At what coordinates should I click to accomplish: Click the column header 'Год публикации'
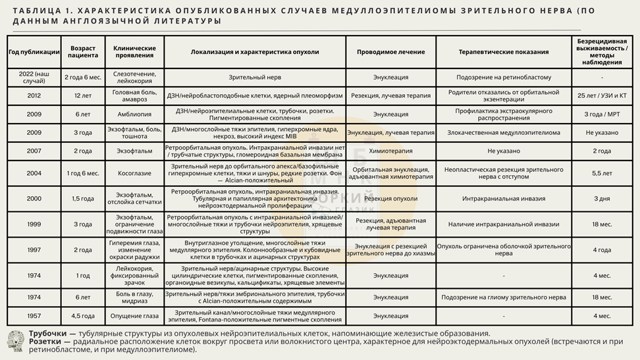(34, 51)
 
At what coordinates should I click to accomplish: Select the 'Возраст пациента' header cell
(83, 51)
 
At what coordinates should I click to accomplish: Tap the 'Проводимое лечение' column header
(390, 51)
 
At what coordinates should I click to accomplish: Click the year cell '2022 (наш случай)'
(34, 77)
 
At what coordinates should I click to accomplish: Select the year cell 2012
(34, 95)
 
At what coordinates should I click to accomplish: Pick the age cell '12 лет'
(83, 95)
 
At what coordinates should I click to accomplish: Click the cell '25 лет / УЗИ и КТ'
(602, 95)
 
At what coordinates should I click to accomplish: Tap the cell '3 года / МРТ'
(602, 114)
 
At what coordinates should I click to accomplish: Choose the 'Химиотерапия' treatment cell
(390, 151)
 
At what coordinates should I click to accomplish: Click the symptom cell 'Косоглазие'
(134, 173)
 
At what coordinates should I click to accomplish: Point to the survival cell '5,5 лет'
(602, 173)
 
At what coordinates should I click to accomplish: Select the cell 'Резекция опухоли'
(390, 198)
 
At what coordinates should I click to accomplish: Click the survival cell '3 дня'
(602, 198)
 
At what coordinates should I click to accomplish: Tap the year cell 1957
(34, 316)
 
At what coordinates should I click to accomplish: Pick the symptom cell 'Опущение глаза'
(134, 316)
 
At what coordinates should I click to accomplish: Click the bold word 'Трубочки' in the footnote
(47, 334)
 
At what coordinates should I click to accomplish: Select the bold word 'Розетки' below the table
(45, 342)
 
